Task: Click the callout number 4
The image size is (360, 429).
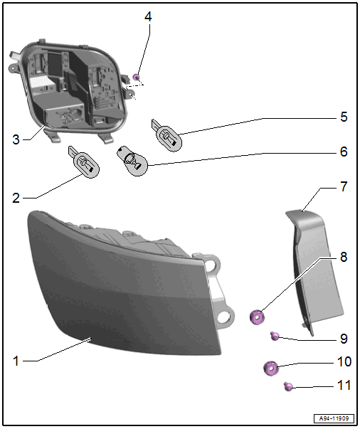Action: (x=148, y=17)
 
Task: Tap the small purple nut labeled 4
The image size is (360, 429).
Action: (x=137, y=77)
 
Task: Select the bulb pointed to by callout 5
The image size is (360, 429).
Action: (x=167, y=135)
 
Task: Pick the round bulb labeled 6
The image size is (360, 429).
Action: (x=132, y=161)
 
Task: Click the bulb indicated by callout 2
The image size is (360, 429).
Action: (x=84, y=162)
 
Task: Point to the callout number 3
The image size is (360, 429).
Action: (x=16, y=139)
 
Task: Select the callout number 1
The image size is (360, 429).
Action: (x=16, y=361)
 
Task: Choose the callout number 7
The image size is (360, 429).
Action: (x=344, y=186)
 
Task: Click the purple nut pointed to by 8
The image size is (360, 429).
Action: (x=258, y=317)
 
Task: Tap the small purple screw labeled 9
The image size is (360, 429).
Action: (x=275, y=336)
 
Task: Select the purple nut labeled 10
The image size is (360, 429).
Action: (x=271, y=369)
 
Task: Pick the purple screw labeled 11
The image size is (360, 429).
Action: (x=288, y=386)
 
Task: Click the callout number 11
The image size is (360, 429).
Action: (x=344, y=385)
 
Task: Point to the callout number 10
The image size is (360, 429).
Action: (x=344, y=361)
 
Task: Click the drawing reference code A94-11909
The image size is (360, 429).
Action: (x=334, y=418)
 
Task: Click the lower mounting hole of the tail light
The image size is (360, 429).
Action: (x=224, y=317)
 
